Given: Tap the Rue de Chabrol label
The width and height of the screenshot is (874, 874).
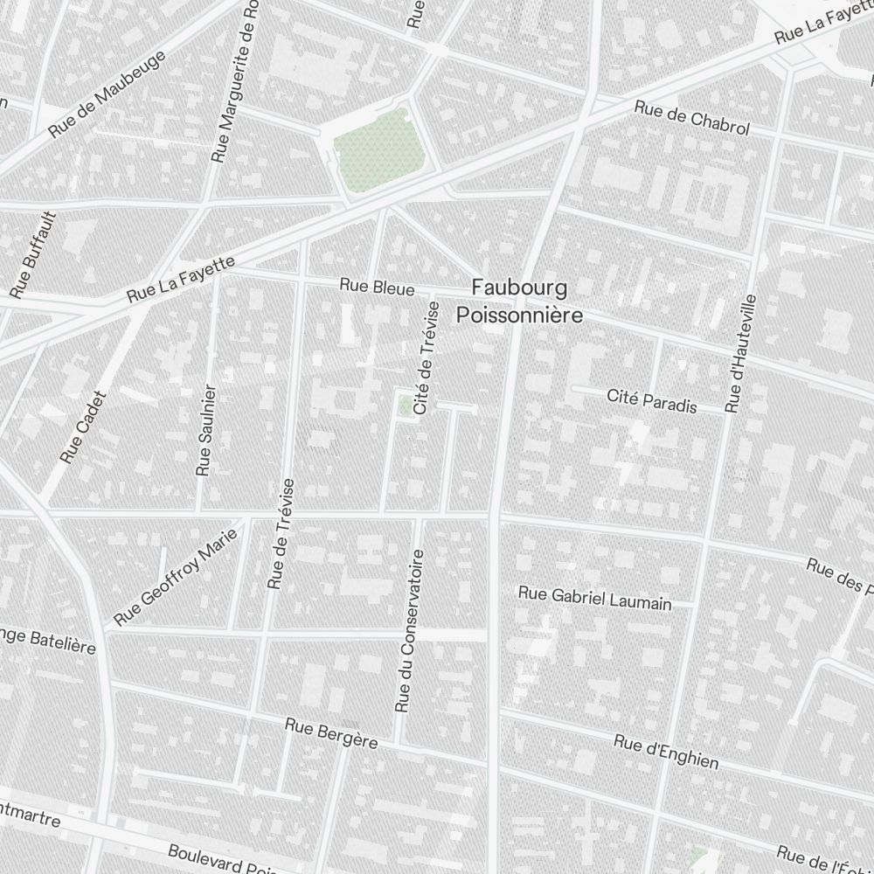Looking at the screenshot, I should pyautogui.click(x=692, y=118).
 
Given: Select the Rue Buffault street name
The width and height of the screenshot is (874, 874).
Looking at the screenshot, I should pyautogui.click(x=33, y=253).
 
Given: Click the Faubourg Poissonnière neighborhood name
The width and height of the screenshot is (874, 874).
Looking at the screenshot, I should pyautogui.click(x=519, y=301).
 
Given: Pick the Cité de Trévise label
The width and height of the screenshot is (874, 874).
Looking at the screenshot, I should pyautogui.click(x=426, y=359).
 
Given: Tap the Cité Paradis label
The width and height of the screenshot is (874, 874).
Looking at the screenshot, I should pyautogui.click(x=652, y=402).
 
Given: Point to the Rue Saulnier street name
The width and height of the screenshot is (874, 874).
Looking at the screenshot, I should pyautogui.click(x=205, y=429).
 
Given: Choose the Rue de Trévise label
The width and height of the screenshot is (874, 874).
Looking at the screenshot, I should pyautogui.click(x=281, y=533).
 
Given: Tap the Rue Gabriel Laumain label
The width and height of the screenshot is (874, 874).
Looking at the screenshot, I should pyautogui.click(x=594, y=598).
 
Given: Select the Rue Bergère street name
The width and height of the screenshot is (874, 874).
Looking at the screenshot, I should pyautogui.click(x=331, y=733).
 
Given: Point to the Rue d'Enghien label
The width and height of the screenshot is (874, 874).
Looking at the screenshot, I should pyautogui.click(x=666, y=752).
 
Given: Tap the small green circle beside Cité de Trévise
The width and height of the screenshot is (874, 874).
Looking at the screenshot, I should pyautogui.click(x=406, y=406).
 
